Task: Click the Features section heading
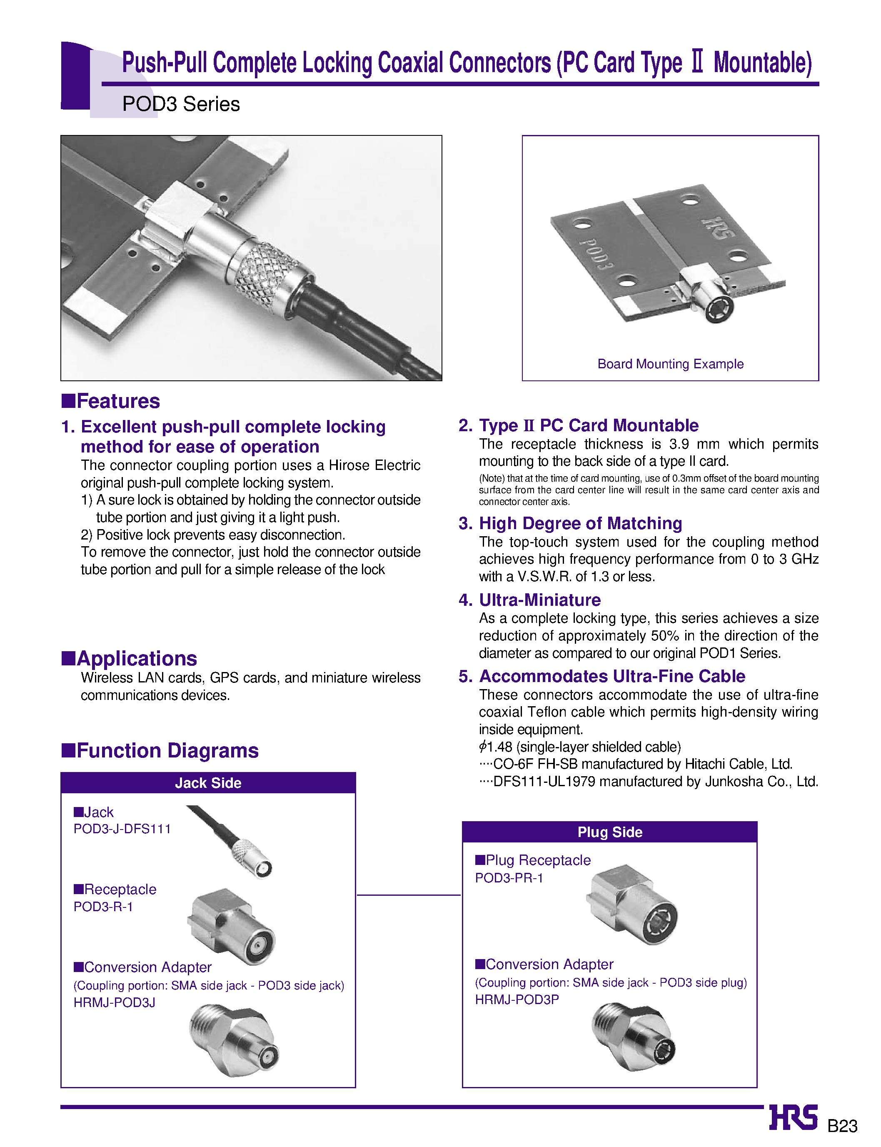(111, 401)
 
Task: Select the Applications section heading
(130, 658)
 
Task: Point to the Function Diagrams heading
(160, 750)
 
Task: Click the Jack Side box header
(208, 782)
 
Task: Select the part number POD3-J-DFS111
(122, 829)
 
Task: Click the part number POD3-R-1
(103, 906)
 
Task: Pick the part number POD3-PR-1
(509, 877)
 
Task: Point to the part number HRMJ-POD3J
(114, 1002)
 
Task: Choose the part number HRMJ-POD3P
(517, 999)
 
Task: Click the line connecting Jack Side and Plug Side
(409, 895)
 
